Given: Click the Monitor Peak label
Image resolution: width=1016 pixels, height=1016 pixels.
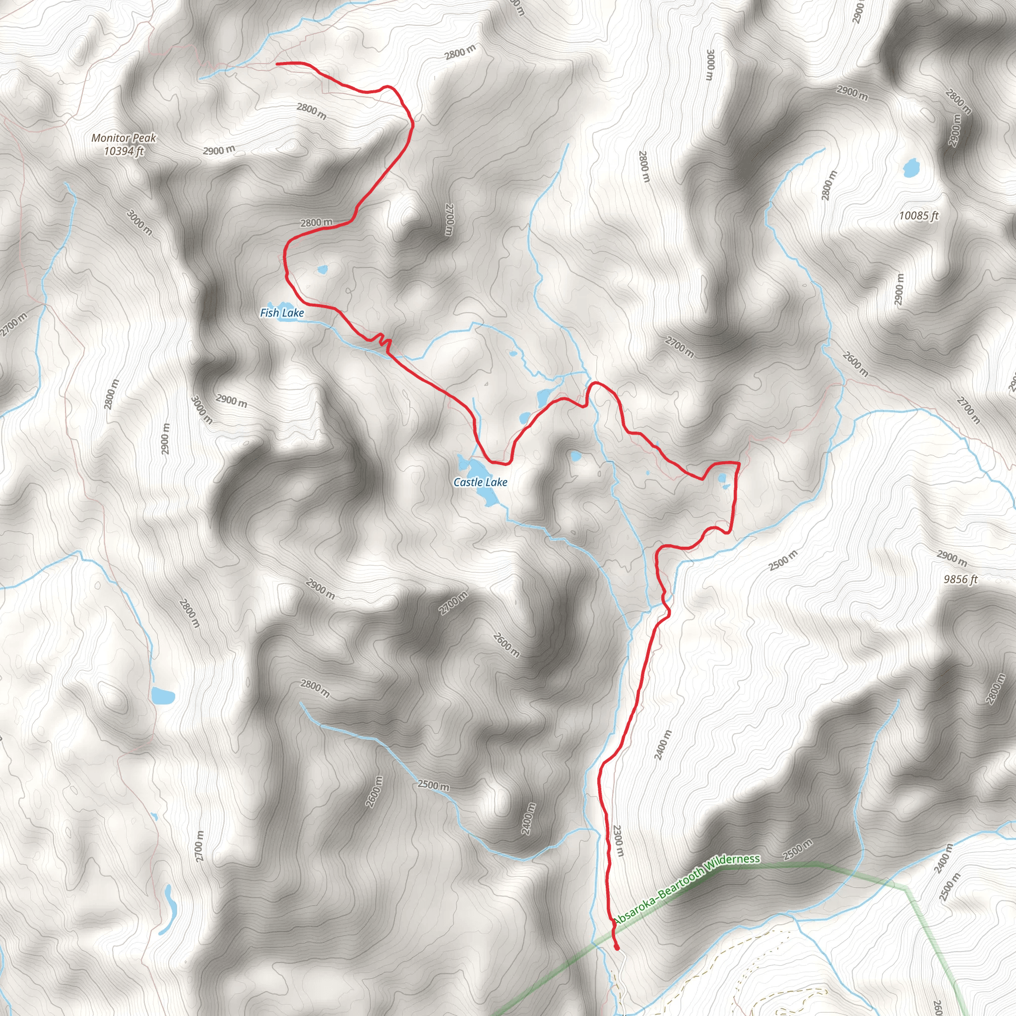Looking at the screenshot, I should click(x=124, y=138).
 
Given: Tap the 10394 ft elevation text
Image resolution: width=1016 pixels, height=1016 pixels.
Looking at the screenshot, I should click(x=124, y=151).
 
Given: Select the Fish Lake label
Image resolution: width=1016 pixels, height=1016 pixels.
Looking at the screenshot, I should click(x=282, y=313).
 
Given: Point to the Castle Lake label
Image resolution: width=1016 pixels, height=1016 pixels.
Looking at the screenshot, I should click(x=480, y=482).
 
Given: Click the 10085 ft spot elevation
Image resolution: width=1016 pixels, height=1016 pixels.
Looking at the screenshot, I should click(x=918, y=216).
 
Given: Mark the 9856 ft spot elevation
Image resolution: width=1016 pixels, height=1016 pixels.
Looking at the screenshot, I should click(x=960, y=579).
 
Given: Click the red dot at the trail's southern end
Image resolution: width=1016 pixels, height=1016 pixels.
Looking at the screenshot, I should click(x=616, y=948).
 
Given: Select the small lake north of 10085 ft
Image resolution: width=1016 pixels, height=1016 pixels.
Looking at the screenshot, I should click(x=910, y=168).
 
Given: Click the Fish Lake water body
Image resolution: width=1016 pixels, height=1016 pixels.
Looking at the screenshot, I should click(x=283, y=306).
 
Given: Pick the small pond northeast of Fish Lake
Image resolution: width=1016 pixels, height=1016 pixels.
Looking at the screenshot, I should click(x=322, y=270).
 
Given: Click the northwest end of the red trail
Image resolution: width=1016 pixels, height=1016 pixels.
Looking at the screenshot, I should click(x=277, y=63).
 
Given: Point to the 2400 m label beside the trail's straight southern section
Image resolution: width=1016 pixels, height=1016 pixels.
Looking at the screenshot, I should click(x=663, y=745).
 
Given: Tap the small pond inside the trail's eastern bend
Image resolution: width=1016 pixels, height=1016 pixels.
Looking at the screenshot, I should click(x=722, y=479).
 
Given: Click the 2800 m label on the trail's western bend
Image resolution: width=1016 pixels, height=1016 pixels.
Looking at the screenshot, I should click(x=317, y=222).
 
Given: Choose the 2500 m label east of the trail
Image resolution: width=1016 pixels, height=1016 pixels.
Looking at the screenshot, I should click(x=783, y=560).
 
